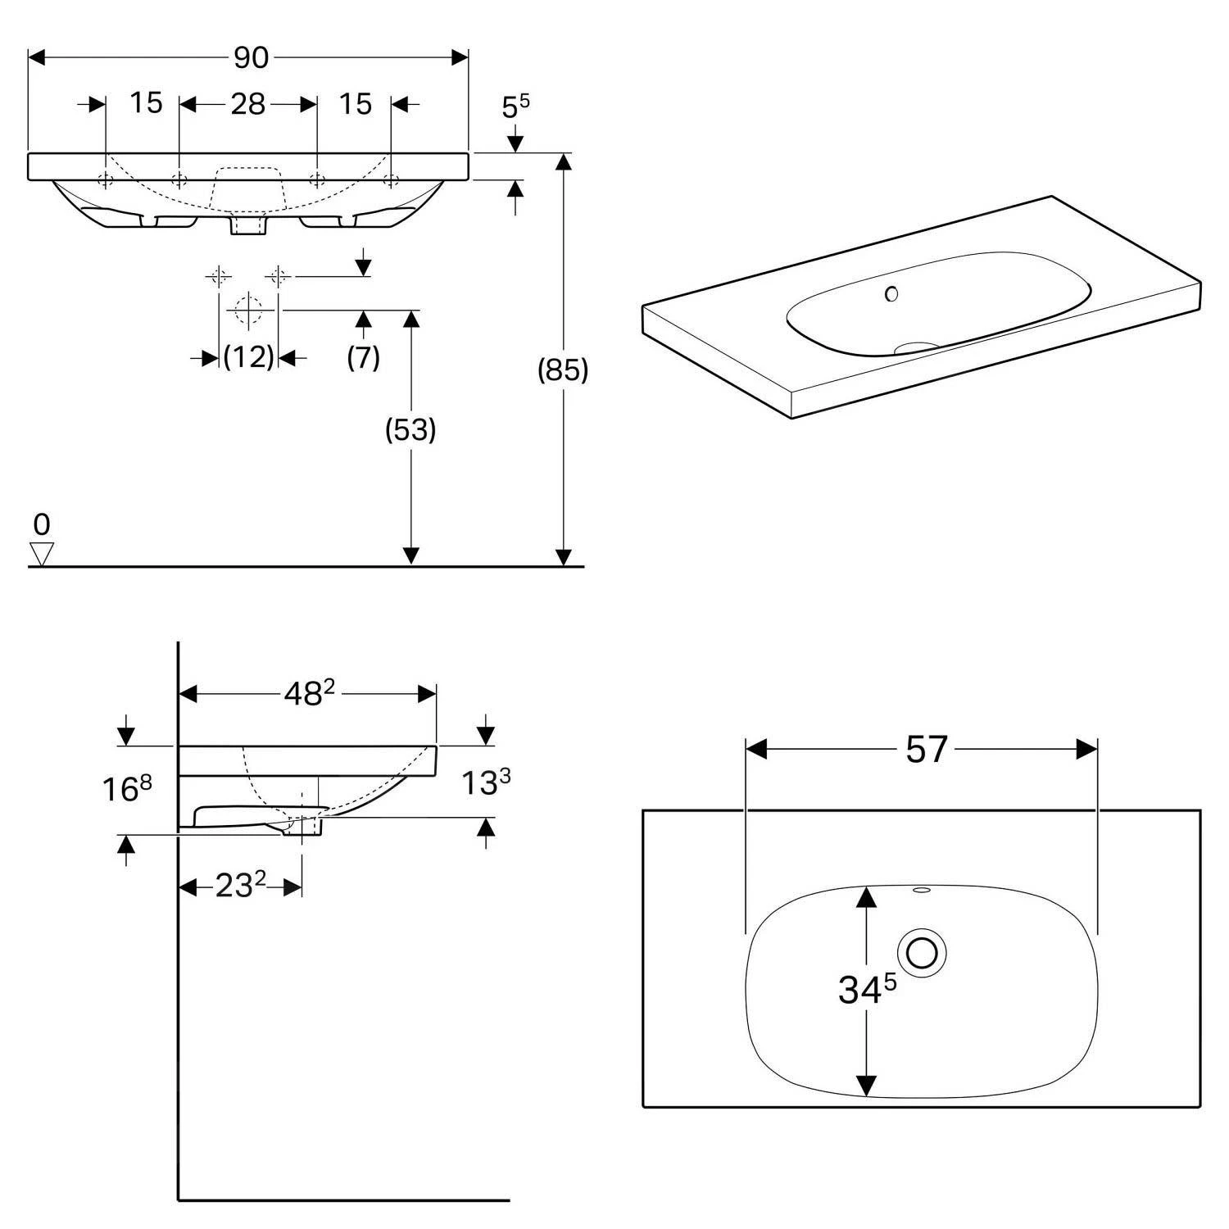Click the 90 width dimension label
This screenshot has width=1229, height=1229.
coord(251,57)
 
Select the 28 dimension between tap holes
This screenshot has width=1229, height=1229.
coord(247,104)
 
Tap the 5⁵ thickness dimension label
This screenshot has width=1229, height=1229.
coord(515,107)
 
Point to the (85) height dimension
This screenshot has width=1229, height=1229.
coord(562,370)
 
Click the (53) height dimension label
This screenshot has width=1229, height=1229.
coord(410,429)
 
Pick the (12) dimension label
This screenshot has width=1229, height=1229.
coord(248,357)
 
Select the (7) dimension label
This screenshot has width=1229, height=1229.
coord(363,357)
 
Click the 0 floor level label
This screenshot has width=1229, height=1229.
coord(42,524)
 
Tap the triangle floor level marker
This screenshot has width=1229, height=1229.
coord(41,554)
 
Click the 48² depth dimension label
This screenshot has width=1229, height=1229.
coord(309,694)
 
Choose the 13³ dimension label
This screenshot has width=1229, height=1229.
coord(486,782)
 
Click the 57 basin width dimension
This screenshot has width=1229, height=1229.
coord(926,749)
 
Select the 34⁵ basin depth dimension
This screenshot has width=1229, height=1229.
coord(867,990)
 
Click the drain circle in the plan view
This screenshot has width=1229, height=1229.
coord(922,953)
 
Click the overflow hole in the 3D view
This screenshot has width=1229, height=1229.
coord(891,293)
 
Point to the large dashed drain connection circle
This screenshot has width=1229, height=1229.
coord(248,311)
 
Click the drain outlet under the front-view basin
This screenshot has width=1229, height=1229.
coord(248,226)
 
